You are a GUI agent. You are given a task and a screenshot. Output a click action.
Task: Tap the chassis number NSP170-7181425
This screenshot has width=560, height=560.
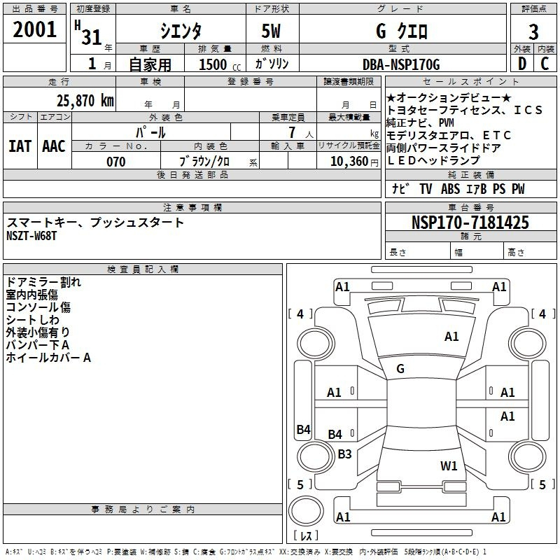tap(470, 223)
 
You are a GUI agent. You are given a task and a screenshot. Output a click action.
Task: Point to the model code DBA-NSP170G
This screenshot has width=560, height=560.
tap(401, 64)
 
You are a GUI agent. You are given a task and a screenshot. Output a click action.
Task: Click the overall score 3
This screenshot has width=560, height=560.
tap(533, 31)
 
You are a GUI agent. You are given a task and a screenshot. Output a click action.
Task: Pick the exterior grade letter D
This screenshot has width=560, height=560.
tap(521, 64)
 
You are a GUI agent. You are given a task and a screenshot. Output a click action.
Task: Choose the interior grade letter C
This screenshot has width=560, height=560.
tap(545, 64)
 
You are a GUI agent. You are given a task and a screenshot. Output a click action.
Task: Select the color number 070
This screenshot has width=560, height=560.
tap(115, 162)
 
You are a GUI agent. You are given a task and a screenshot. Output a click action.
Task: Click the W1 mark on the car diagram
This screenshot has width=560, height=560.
tap(449, 465)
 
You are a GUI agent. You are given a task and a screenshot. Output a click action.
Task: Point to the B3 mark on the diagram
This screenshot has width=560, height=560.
tap(345, 454)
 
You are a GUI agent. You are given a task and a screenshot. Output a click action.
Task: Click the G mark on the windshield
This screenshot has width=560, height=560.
tap(400, 368)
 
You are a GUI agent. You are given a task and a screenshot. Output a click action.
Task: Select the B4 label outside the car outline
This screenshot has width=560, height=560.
tap(303, 430)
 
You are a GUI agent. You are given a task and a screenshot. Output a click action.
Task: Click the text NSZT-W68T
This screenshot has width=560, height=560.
tap(31, 236)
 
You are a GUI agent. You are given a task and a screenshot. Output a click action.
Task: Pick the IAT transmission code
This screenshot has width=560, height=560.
tap(20, 146)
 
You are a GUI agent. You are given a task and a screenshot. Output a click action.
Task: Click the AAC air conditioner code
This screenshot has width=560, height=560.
tap(54, 146)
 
